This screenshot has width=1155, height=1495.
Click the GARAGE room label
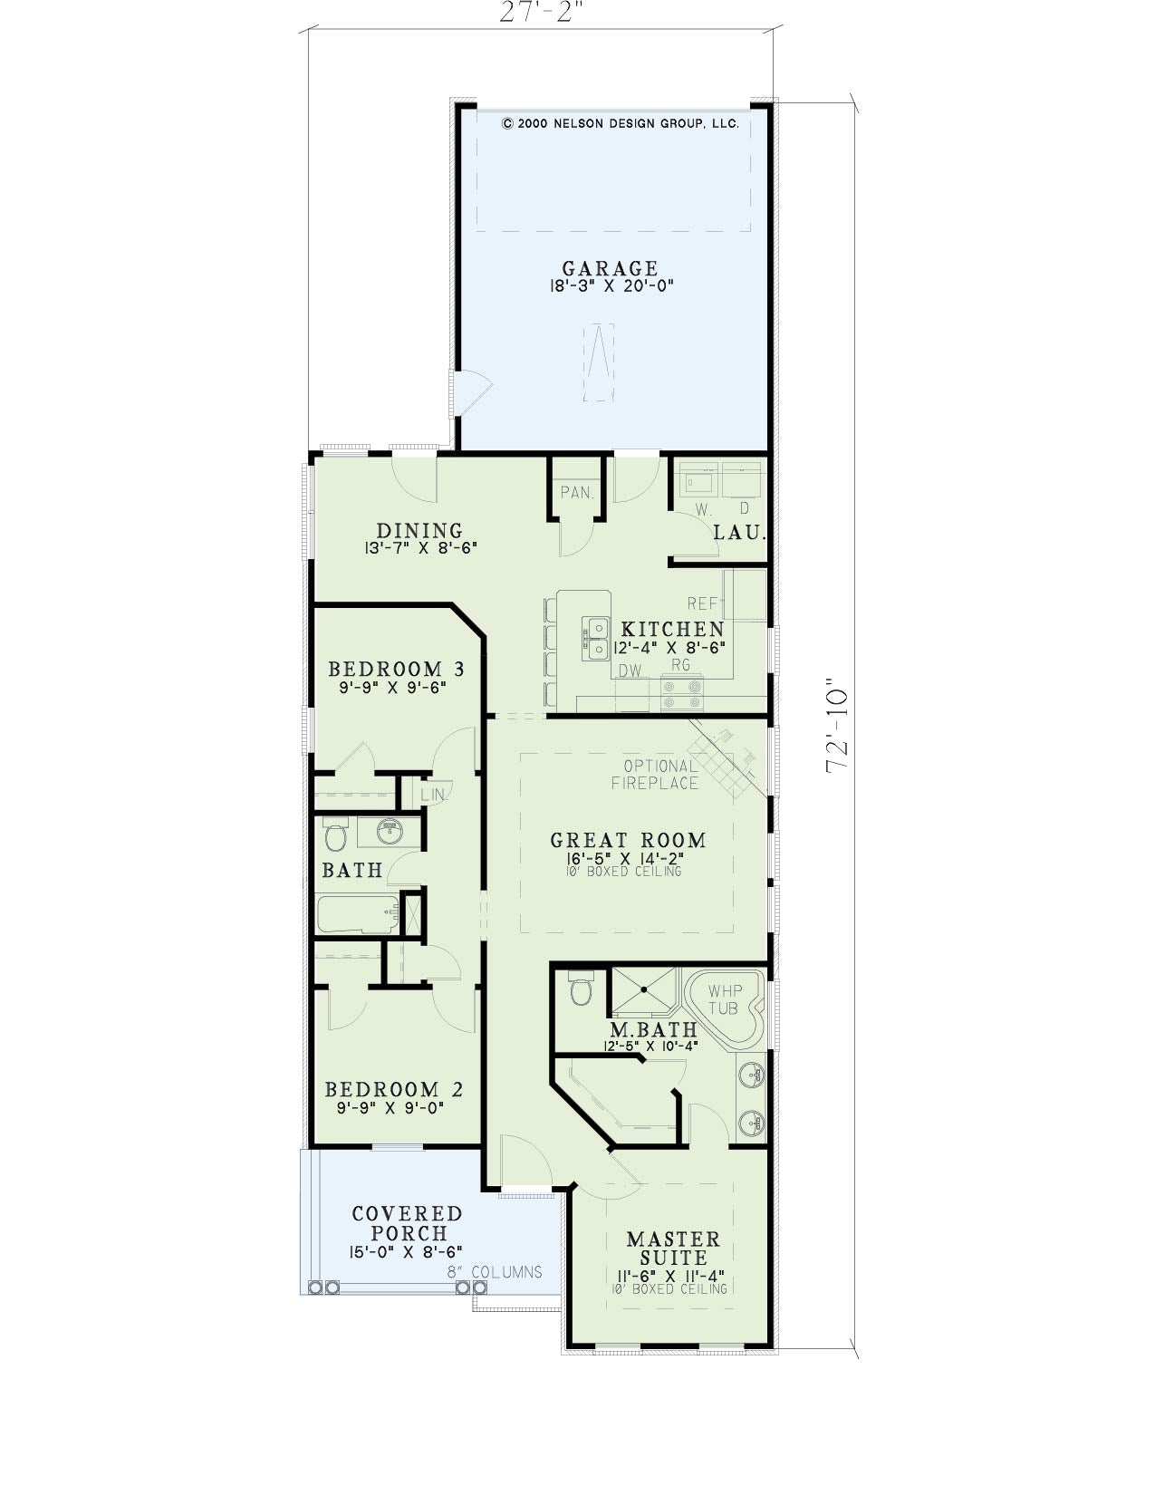coord(611,267)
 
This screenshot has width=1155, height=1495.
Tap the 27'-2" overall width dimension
coord(536,12)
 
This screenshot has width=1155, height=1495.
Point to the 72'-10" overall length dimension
coord(838,726)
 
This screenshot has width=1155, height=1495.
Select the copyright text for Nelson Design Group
coord(621,124)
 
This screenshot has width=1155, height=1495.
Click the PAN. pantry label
coord(576,493)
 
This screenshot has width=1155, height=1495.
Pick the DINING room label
coord(419,530)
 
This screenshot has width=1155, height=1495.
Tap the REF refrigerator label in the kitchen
coord(703,603)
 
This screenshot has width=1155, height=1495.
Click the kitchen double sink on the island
coord(596,639)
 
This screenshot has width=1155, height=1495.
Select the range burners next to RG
coord(682,693)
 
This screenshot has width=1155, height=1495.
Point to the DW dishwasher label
coord(630,671)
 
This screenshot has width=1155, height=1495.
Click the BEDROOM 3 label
coord(396,669)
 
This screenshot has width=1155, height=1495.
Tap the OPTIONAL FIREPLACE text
coord(657,774)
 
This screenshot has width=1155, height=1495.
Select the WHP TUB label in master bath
coord(725,999)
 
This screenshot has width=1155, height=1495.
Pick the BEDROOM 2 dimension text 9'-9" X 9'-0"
coord(390,1108)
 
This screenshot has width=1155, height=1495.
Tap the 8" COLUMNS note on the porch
coord(495,1272)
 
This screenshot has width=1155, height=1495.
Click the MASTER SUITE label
coord(673,1249)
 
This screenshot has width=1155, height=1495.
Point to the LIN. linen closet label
coord(434,796)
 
